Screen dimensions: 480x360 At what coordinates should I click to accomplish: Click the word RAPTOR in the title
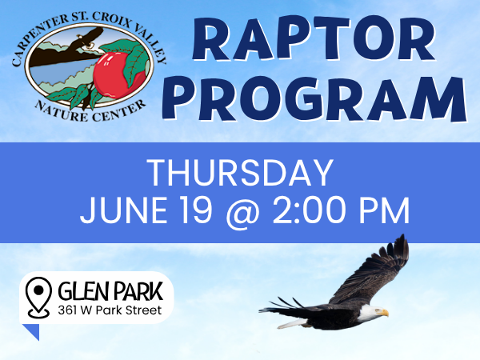[x=314, y=39]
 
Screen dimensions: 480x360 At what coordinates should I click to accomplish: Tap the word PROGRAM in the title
[x=314, y=98]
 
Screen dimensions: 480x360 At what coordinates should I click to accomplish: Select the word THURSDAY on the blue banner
[x=240, y=173]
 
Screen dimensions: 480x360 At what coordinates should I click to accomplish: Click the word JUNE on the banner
[x=123, y=210]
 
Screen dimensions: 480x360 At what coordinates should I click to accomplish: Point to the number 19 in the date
[x=196, y=210]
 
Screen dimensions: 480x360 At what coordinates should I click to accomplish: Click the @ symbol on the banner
[x=242, y=213]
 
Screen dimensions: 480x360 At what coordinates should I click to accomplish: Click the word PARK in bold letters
[x=136, y=291]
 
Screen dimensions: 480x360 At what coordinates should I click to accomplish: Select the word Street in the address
[x=143, y=310]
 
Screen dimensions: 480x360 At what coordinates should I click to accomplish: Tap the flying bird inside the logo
[x=86, y=38]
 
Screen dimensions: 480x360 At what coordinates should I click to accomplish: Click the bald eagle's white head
[x=371, y=313]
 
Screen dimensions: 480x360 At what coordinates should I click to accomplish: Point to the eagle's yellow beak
[x=383, y=313]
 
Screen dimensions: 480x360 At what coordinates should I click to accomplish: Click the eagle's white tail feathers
[x=292, y=324]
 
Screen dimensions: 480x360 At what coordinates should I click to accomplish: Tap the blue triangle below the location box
[x=32, y=332]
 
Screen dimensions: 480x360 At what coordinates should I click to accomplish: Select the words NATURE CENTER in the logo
[x=90, y=111]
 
